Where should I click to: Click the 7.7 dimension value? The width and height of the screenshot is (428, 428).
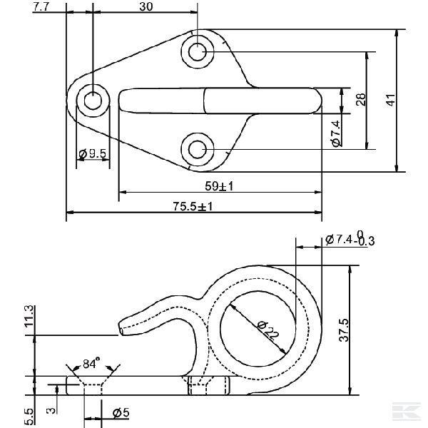(41, 7)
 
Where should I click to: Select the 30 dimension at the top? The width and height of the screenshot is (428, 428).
(146, 7)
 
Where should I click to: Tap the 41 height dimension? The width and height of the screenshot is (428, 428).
(389, 101)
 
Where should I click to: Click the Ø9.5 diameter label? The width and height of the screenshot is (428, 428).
(93, 153)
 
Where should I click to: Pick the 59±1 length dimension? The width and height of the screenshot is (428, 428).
(220, 186)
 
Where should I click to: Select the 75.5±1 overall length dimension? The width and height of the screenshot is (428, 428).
(193, 206)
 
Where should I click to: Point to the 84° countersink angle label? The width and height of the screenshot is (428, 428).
(91, 364)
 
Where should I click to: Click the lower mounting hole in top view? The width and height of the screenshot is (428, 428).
(198, 148)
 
